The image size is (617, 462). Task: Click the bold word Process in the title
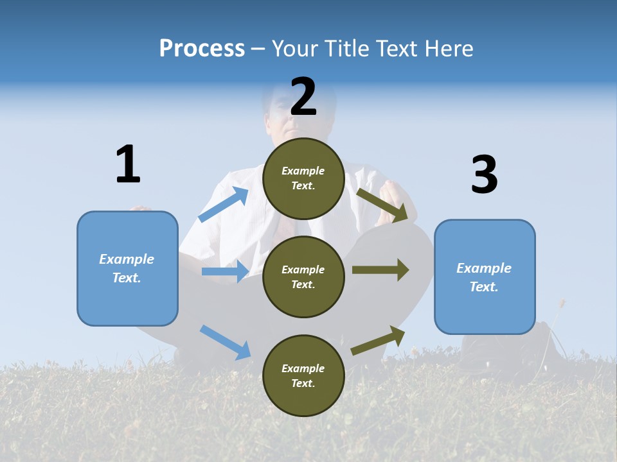point(202,49)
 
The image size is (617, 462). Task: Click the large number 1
point(128,165)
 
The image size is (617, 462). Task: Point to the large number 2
point(303,98)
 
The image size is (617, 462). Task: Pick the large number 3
point(484,175)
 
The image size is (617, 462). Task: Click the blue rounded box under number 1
point(127,268)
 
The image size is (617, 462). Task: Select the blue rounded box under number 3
point(485,277)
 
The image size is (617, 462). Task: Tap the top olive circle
point(303,178)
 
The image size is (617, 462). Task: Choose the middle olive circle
point(303,277)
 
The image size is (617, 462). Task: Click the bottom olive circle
point(303,375)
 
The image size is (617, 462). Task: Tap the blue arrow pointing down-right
point(226,342)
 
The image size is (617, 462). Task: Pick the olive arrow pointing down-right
point(382,205)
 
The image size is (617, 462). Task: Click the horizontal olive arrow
point(380,270)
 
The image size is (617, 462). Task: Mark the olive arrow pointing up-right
point(378,340)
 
